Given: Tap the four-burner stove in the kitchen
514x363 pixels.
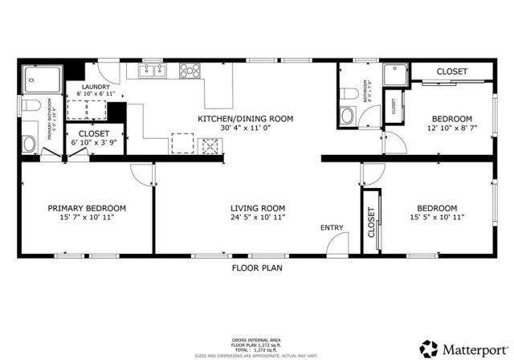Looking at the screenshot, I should [190, 71].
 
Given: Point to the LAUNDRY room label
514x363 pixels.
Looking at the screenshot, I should [96, 87].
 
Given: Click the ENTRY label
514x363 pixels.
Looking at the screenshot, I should [332, 228].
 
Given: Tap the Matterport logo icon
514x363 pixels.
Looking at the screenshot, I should [428, 349].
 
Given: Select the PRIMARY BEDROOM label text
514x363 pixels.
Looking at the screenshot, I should [86, 207].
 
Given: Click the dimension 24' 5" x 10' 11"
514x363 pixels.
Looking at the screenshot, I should [258, 217].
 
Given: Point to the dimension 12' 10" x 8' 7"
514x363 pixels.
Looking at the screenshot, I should [451, 128].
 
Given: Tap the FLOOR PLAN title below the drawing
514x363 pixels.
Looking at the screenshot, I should [257, 267].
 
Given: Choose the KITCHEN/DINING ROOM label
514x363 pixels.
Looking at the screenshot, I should [246, 119].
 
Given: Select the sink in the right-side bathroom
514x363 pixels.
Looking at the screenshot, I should [348, 115].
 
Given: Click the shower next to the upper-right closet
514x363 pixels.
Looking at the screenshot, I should [395, 75].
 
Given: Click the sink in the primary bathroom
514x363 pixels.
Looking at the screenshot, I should [28, 144].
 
